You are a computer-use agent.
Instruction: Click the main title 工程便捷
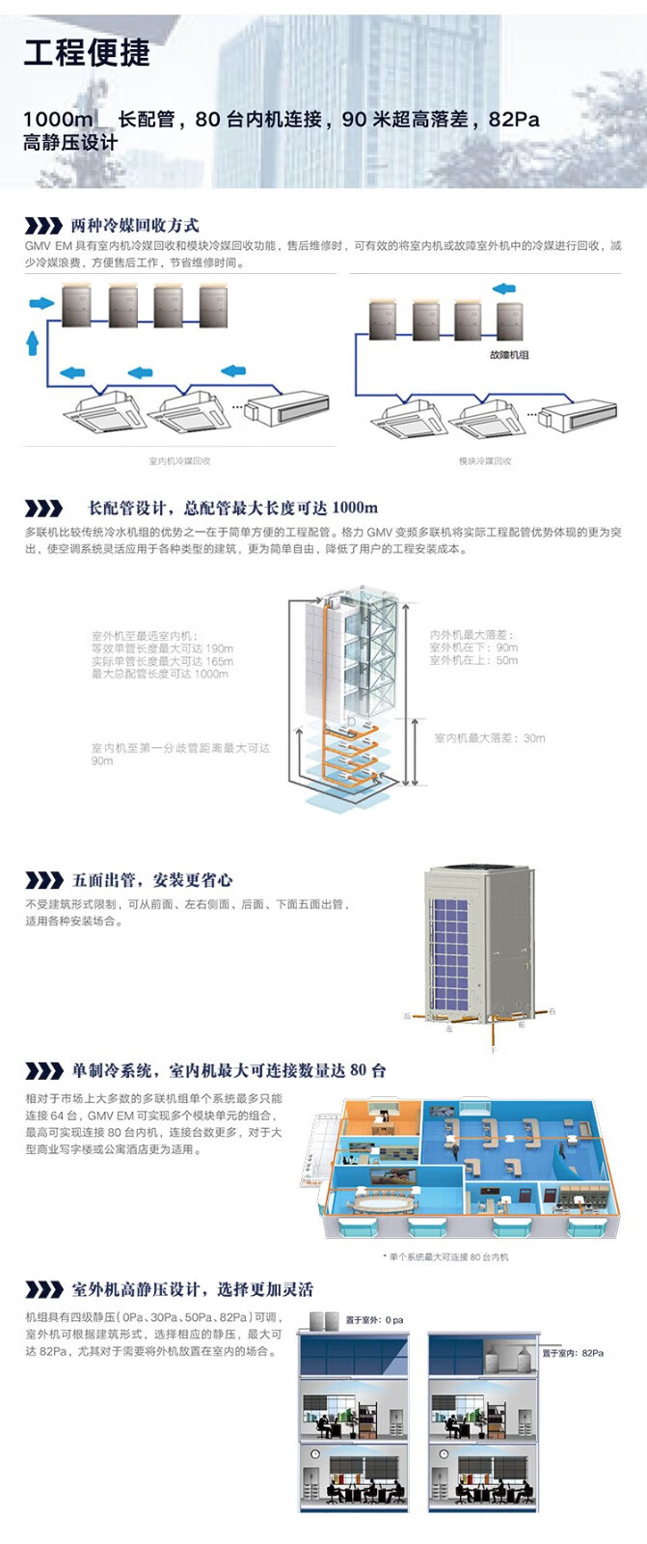[87, 52]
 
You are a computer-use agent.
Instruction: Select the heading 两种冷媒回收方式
[135, 226]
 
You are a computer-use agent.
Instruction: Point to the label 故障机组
[508, 355]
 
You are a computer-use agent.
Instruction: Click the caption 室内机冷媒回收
[179, 461]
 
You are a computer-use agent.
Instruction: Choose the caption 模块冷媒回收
[485, 461]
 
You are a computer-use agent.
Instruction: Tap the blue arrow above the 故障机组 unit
[503, 288]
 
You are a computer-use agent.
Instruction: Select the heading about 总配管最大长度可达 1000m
[232, 508]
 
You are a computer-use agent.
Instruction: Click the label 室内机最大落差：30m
[489, 738]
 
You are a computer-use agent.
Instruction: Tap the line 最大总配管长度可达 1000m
[160, 674]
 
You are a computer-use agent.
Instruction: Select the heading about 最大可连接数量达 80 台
[229, 1070]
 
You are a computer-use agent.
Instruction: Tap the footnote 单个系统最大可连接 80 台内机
[445, 1257]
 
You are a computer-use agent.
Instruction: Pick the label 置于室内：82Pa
[573, 1353]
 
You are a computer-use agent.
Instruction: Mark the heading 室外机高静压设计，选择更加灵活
[193, 1289]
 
